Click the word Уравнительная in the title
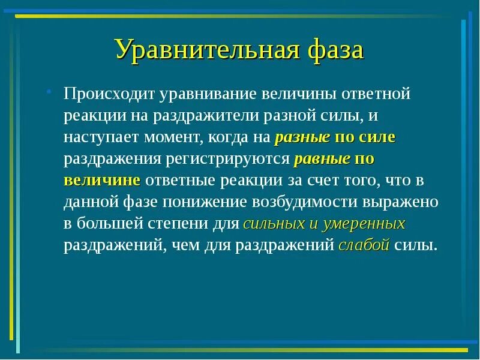pos(204,50)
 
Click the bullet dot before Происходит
pos(50,92)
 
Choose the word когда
pos(230,137)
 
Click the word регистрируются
pos(231,159)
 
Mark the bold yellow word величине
pos(103,181)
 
